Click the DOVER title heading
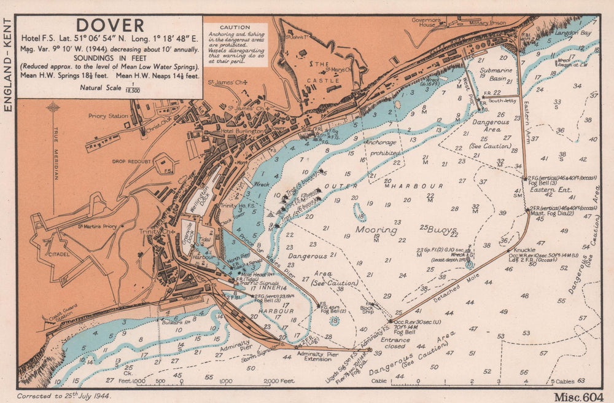pyautogui.click(x=110, y=25)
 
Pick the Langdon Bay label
pyautogui.click(x=573, y=33)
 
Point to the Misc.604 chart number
pyautogui.click(x=578, y=396)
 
